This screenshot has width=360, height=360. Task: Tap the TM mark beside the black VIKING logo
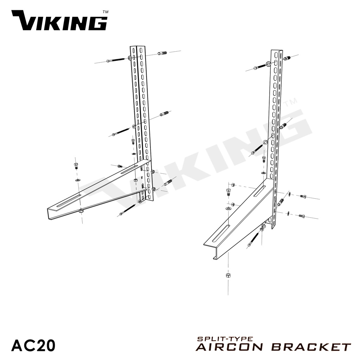pos(105,12)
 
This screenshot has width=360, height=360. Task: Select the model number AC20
pos(33,345)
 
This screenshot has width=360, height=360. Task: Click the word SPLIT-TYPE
pos(225,339)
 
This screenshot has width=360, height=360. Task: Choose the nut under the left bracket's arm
pos(81,211)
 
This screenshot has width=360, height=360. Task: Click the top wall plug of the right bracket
pos(287,58)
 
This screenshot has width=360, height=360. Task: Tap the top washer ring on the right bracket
pos(268,64)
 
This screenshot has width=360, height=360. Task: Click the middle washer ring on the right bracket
pos(265,142)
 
